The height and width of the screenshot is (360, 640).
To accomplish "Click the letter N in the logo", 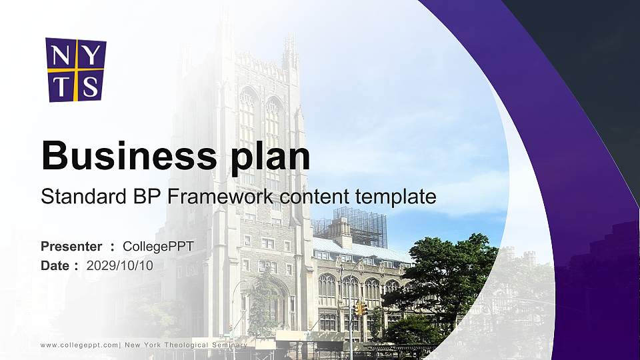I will pos(61,54).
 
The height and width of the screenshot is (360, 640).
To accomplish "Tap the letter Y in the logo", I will pos(91,54).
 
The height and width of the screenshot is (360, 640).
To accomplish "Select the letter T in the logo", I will pos(61,85).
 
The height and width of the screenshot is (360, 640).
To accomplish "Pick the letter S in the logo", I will pos(91,85).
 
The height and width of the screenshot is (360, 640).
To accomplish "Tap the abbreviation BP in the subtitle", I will pos(145,197).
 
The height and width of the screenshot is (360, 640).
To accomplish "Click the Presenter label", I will pos(71,247).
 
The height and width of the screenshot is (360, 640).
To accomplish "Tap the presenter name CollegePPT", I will pos(158,247).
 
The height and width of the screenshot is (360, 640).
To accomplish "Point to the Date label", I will pos(55,265).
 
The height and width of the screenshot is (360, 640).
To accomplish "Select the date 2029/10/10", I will pos(120,265).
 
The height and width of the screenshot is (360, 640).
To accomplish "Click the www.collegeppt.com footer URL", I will pos(79,345).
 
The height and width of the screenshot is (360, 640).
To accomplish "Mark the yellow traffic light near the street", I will pos(361,308).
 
